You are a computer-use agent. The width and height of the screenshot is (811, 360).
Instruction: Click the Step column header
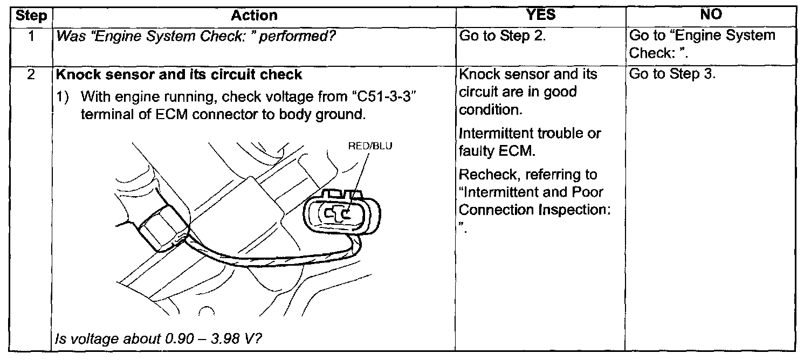[x=31, y=16]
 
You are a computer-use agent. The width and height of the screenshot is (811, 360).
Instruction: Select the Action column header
[x=254, y=16]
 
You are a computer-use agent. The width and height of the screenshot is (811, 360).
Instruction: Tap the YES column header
[x=540, y=15]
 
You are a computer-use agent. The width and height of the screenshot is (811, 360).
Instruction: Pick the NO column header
[x=711, y=14]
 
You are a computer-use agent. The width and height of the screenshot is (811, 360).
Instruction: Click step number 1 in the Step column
[x=32, y=36]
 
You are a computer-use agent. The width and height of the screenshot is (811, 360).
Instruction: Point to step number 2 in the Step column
[x=31, y=74]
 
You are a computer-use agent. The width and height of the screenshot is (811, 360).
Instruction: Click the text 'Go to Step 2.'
[x=503, y=36]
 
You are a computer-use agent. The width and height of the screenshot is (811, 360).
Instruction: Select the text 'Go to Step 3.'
[x=672, y=74]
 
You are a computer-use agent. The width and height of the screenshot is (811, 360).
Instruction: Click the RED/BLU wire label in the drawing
[x=370, y=146]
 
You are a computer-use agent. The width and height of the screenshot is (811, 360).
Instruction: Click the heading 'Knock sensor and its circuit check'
[x=179, y=74]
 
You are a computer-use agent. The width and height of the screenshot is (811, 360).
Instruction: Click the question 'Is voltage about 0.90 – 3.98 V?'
[x=158, y=338]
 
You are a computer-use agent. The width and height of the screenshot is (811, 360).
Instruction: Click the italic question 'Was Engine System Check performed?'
[x=196, y=36]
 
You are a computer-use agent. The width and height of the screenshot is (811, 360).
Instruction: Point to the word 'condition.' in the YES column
[x=491, y=109]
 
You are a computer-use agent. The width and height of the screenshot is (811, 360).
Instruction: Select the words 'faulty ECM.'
[x=497, y=150]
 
